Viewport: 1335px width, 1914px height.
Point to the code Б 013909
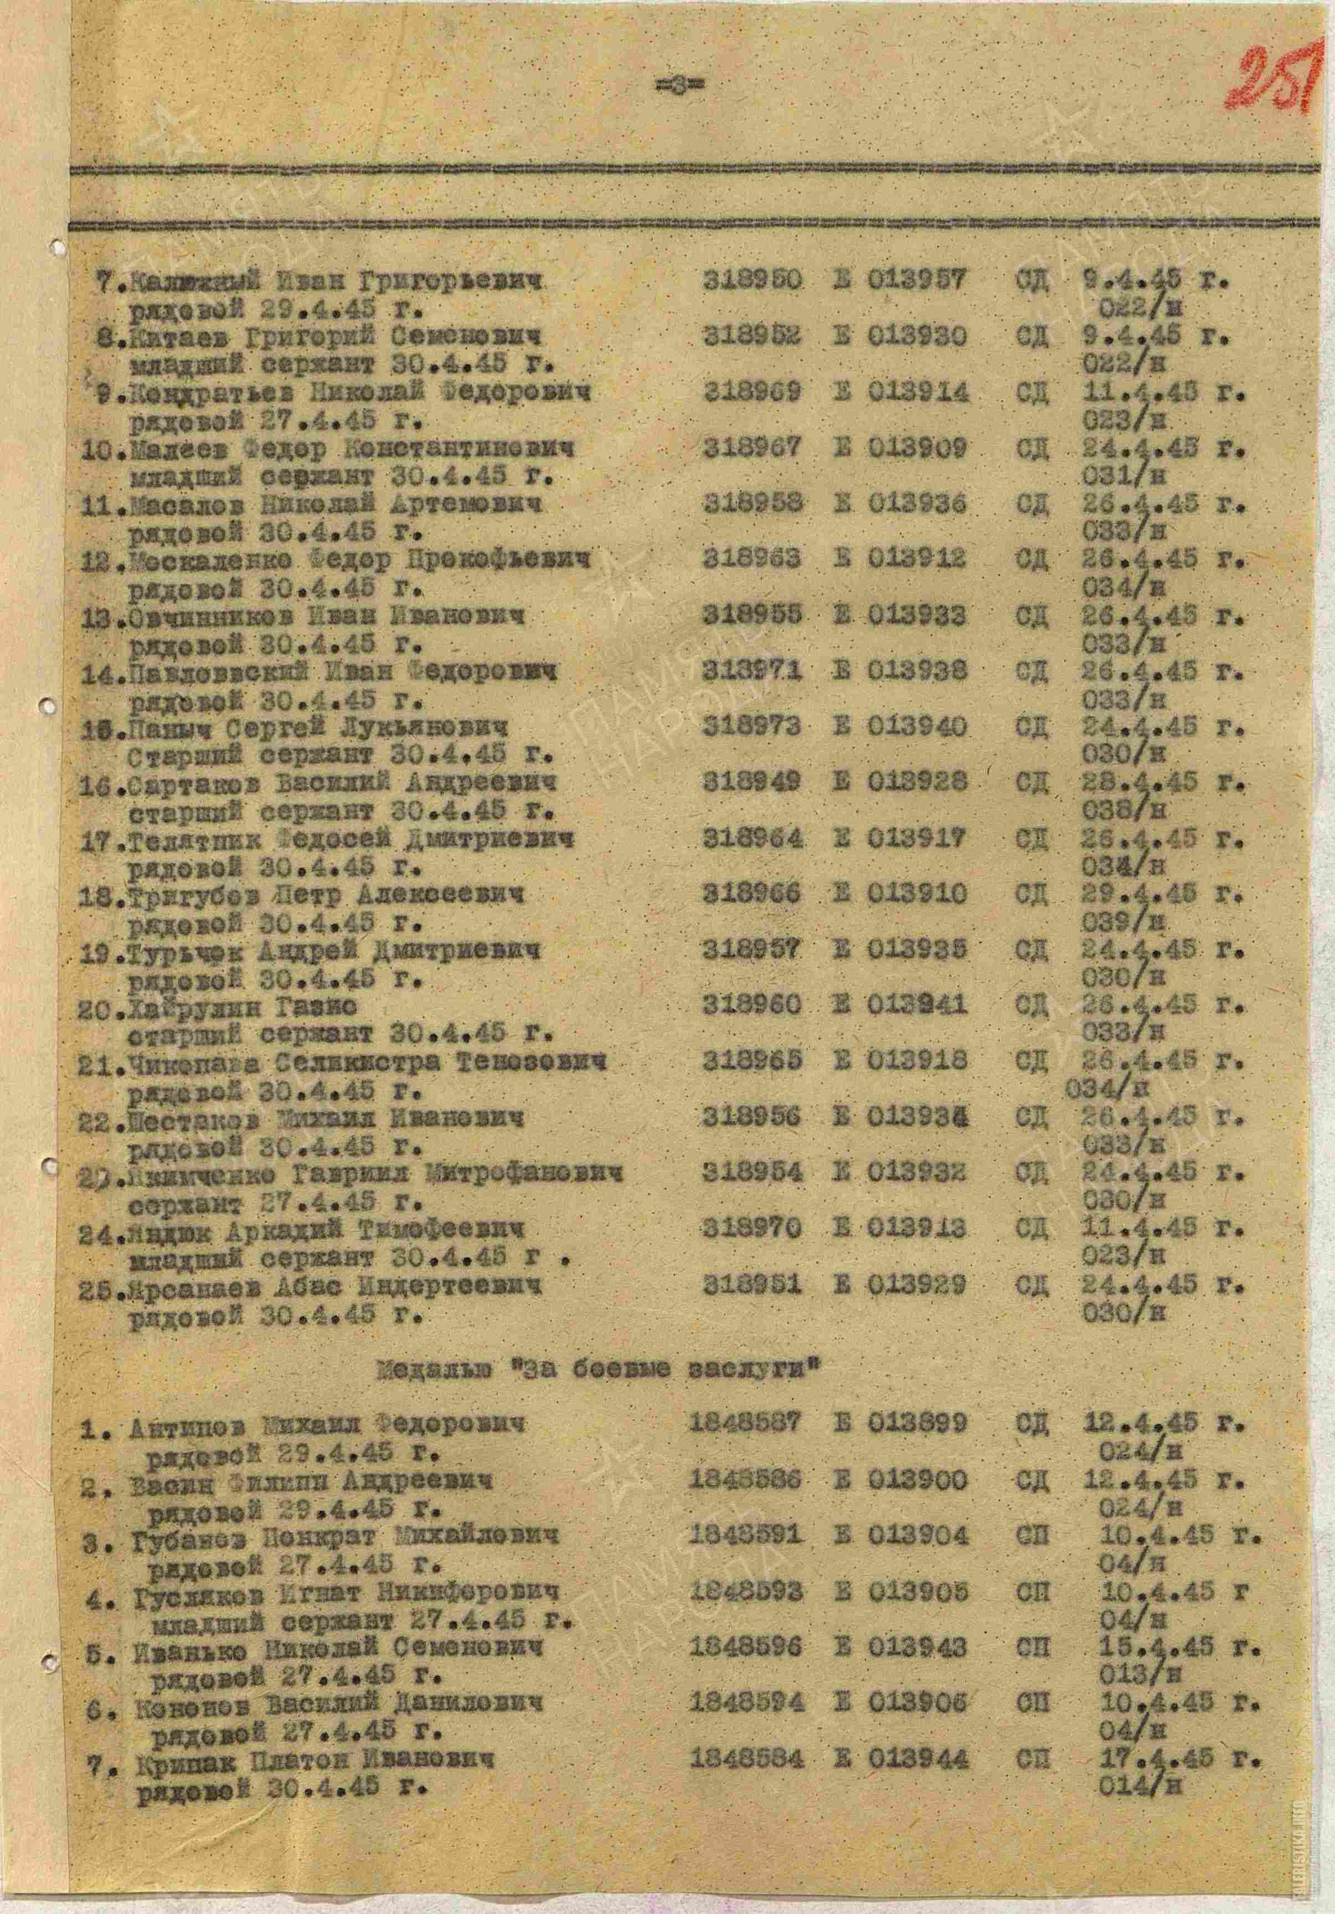(x=900, y=449)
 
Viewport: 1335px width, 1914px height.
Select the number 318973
(x=752, y=727)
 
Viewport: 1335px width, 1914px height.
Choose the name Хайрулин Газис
(x=241, y=1006)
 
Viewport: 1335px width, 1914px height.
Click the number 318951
(x=752, y=1285)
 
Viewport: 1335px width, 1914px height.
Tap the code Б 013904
(x=900, y=1536)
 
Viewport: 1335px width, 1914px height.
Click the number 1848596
(x=746, y=1647)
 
